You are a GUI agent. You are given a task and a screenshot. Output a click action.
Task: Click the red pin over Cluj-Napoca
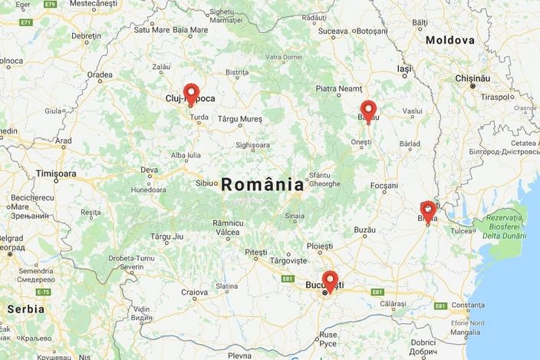pos(191,92)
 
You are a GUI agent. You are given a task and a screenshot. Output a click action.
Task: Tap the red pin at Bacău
pos(368,110)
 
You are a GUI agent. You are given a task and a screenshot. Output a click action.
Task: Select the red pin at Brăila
pos(428,210)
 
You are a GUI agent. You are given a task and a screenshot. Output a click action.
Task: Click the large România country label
pos(262,184)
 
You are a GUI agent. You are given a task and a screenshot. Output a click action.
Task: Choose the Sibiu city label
pos(206,183)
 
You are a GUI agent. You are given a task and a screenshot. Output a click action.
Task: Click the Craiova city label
pos(194,292)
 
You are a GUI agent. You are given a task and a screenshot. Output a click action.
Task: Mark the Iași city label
pos(404,68)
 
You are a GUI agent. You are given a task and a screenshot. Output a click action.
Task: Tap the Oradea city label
pos(100,74)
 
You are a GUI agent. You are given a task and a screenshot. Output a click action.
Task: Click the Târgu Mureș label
pos(239,119)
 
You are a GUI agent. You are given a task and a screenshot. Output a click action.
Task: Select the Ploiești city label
pos(319,246)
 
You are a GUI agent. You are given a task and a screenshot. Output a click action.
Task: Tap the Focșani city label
pos(384,186)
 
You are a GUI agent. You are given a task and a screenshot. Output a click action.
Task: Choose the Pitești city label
pos(255,252)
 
